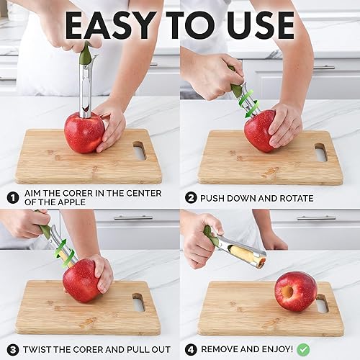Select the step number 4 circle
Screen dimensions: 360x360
tap(191, 348)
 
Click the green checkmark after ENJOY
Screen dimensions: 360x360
tap(304, 348)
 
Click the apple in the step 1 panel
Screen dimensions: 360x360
tap(84, 133)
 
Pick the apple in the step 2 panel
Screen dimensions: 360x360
tap(260, 131)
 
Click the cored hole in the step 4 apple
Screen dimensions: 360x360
tap(287, 292)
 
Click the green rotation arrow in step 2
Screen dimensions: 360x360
tap(249, 101)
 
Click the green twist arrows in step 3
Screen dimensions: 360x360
tap(63, 252)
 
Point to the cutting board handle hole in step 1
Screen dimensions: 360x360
tap(139, 150)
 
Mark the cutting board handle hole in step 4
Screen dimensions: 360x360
tap(322, 303)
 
